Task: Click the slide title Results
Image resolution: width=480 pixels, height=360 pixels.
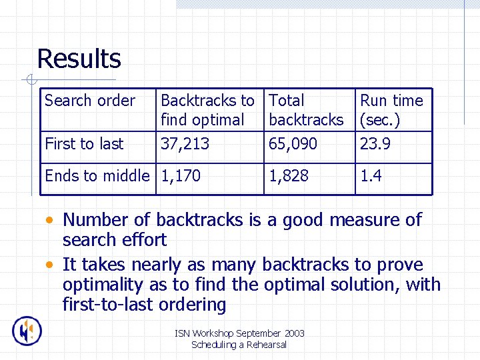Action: point(79,59)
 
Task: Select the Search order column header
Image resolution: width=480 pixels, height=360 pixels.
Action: point(89,101)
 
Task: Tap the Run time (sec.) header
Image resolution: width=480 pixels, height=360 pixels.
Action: point(391,110)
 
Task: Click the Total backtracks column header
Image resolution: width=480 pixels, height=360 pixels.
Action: point(306,110)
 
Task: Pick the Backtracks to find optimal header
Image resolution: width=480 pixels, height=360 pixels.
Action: point(207,110)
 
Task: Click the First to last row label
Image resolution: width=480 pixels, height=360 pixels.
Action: point(84,143)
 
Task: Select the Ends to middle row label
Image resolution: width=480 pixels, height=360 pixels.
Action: point(97,175)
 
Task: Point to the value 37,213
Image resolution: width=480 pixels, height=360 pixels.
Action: point(185,143)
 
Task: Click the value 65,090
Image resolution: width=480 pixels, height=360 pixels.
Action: point(293,143)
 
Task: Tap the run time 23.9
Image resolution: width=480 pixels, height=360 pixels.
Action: point(375,143)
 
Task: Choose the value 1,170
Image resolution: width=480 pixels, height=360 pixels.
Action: point(181,175)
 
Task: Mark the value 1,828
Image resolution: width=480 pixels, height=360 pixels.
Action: point(289,175)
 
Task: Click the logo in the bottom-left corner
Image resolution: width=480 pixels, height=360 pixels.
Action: point(27,331)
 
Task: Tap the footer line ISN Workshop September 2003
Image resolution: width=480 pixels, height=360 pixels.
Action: point(239,333)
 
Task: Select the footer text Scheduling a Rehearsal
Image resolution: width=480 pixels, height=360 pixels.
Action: point(239,345)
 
